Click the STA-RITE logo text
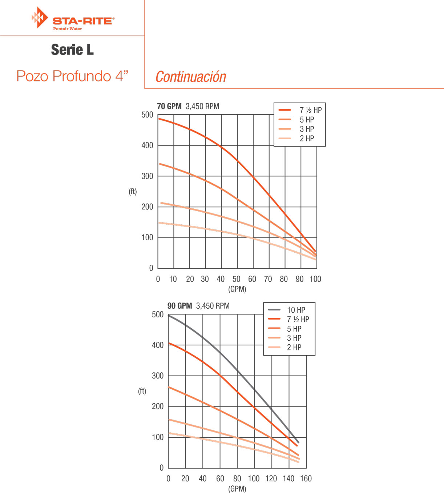pos(83,21)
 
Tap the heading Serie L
pos(72,50)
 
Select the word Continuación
pos(191,77)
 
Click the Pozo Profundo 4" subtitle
pos(72,76)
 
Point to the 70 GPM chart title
pos(169,106)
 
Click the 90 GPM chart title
pos(179,306)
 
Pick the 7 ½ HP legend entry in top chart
pos(310,110)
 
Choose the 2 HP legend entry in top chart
pos(307,139)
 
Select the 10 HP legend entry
pos(296,310)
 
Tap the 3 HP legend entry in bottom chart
pos(294,338)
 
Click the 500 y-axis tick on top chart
pos(147,115)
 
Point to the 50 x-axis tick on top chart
pos(236,279)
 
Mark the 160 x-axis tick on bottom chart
pos(306,478)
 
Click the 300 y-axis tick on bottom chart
pos(158,376)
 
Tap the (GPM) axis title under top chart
pos(237,289)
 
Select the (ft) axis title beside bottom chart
pos(142,391)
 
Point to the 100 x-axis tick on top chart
pos(315,279)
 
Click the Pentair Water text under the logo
pos(68,29)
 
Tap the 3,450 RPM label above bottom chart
pos(213,306)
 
